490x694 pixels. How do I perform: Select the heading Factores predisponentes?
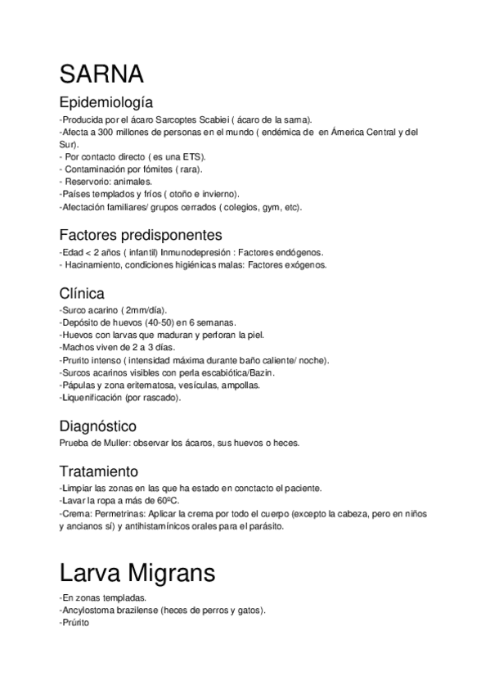[x=141, y=236]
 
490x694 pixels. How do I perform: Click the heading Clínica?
[x=82, y=293]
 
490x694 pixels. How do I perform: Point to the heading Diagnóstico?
[x=98, y=426]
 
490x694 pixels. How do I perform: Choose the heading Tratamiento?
[x=98, y=471]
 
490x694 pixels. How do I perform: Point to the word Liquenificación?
[x=92, y=398]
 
